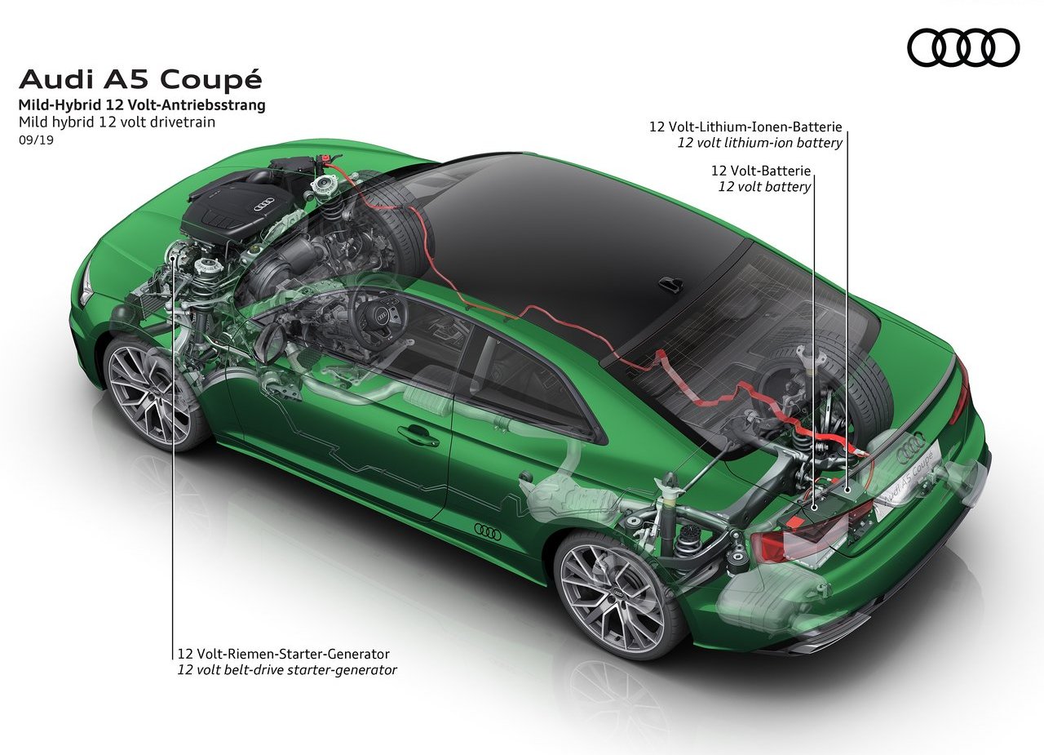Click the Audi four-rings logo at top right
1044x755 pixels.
click(x=963, y=47)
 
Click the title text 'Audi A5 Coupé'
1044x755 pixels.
click(x=140, y=80)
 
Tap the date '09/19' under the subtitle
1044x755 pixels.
click(x=36, y=140)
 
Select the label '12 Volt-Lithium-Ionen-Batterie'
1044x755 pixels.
click(x=745, y=127)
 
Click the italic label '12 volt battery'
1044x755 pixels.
click(x=764, y=187)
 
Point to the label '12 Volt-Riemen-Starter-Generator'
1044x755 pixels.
click(x=283, y=654)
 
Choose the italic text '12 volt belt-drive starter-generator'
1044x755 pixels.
click(x=287, y=670)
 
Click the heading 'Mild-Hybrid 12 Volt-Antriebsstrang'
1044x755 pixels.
click(x=142, y=105)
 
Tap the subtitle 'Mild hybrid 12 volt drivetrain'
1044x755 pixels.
click(x=117, y=122)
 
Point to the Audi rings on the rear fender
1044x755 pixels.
click(x=488, y=531)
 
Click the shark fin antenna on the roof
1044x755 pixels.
click(x=671, y=284)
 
